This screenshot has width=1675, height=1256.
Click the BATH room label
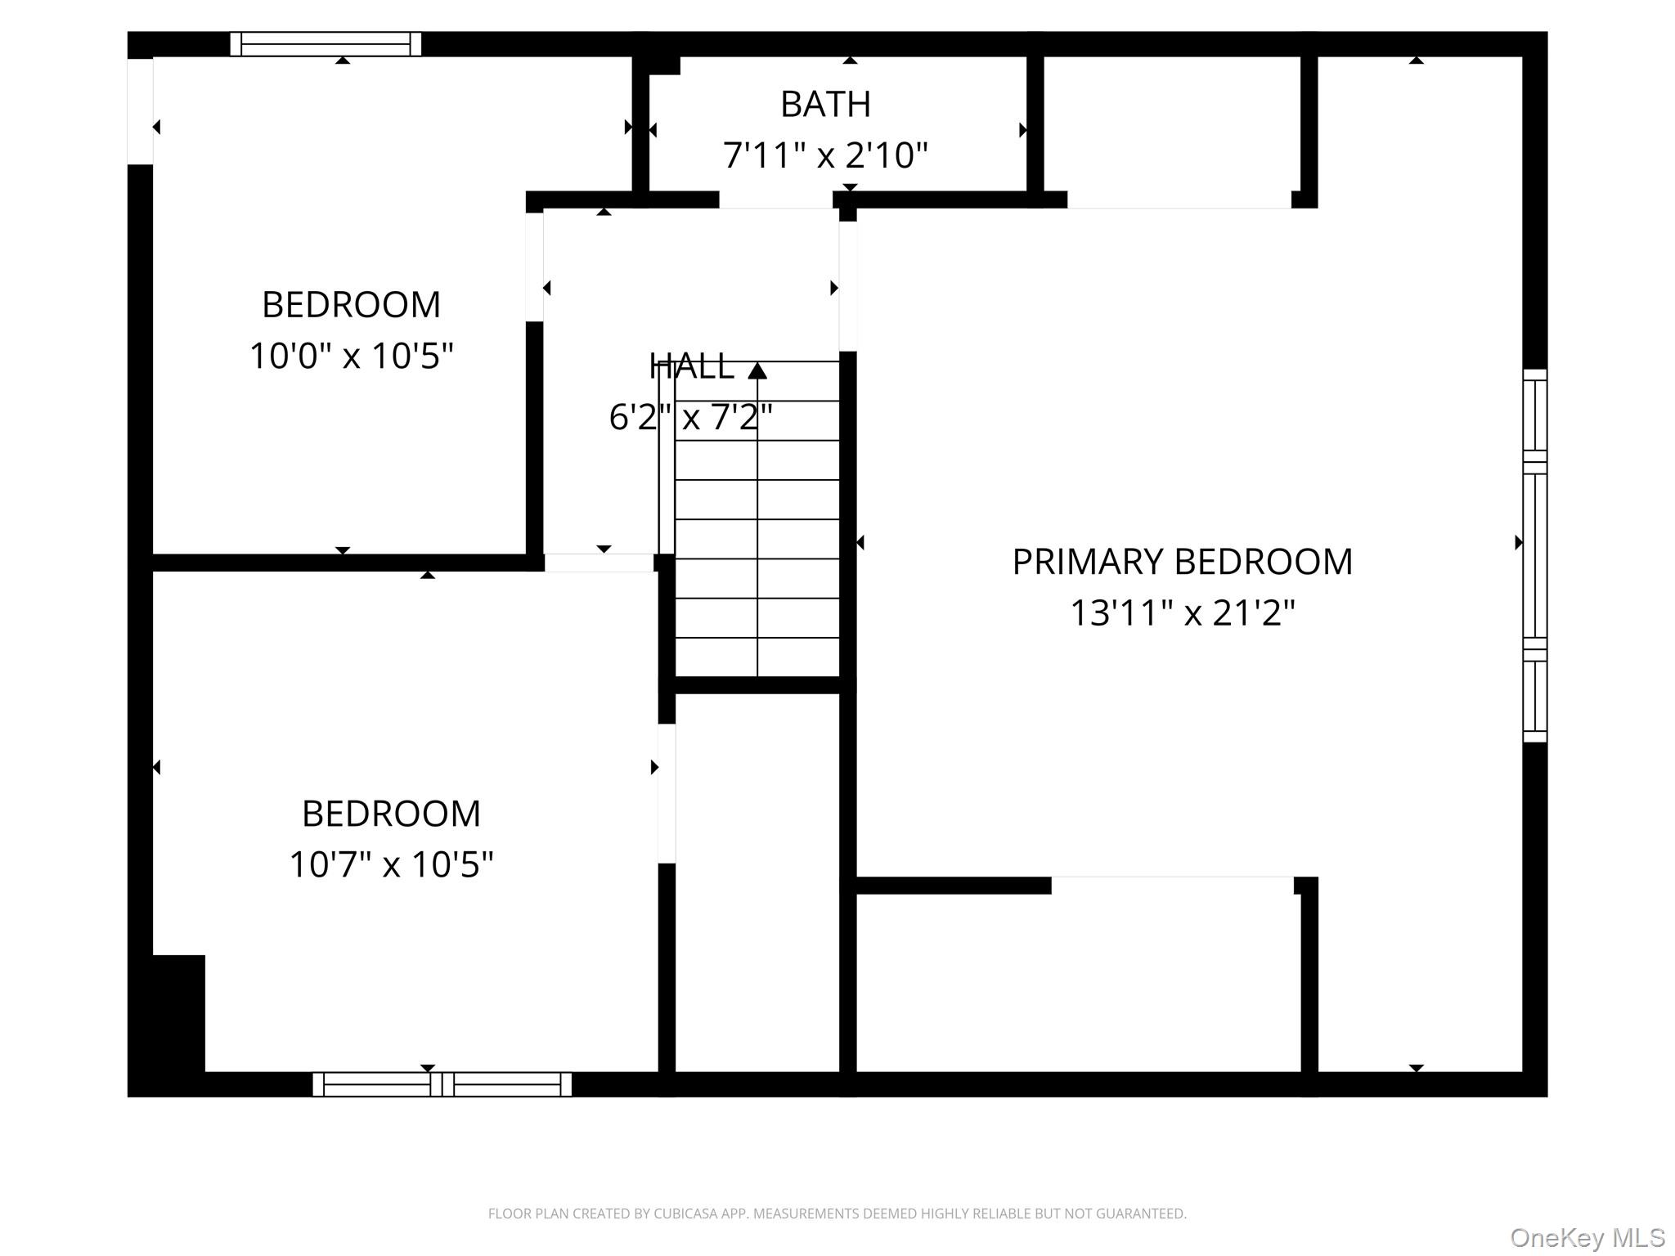click(x=825, y=105)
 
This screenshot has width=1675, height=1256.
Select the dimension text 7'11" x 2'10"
click(x=825, y=155)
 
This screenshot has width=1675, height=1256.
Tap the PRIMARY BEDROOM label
click(x=1182, y=563)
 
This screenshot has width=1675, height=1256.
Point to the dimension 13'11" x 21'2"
click(x=1182, y=612)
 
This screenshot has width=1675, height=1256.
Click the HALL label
click(x=691, y=367)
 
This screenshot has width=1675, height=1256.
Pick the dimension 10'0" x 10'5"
click(x=351, y=356)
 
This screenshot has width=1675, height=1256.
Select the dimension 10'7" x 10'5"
click(x=391, y=864)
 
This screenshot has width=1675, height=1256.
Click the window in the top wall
click(x=326, y=44)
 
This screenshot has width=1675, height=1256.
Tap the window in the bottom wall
click(x=442, y=1084)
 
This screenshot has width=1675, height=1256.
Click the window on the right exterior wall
click(x=1534, y=556)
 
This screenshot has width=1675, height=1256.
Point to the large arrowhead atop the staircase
click(x=757, y=371)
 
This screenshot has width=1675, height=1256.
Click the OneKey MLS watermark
click(x=1587, y=1238)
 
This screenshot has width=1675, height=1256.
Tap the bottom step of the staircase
click(x=757, y=657)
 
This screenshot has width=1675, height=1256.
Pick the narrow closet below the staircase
click(x=757, y=883)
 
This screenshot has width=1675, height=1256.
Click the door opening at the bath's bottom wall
click(x=775, y=200)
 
